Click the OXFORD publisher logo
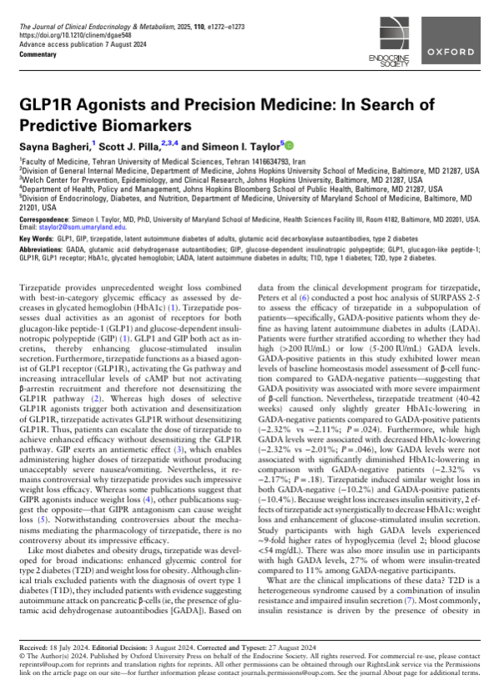(455, 51)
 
